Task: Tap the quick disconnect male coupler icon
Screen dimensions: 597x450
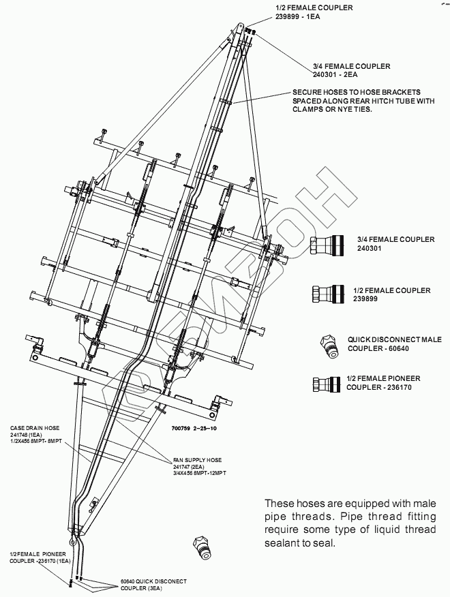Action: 331,344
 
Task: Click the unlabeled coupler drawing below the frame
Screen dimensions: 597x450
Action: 203,546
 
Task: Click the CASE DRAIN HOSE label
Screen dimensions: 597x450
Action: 34,428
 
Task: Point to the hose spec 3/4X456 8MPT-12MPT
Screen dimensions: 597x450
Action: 200,472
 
